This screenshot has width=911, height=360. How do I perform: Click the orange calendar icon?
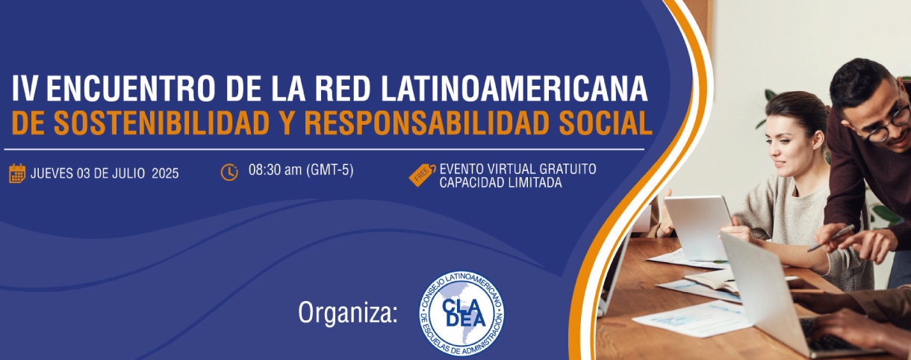pos(17,173)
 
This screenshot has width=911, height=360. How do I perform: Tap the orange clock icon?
pos(229,172)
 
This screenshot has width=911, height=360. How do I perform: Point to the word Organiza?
pos(347,312)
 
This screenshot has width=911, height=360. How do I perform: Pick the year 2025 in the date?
pos(165,174)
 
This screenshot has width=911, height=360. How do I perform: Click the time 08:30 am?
pos(275,170)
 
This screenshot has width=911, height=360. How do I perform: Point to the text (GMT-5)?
pos(329,170)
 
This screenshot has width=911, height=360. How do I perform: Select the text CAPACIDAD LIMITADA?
pos(500,182)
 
